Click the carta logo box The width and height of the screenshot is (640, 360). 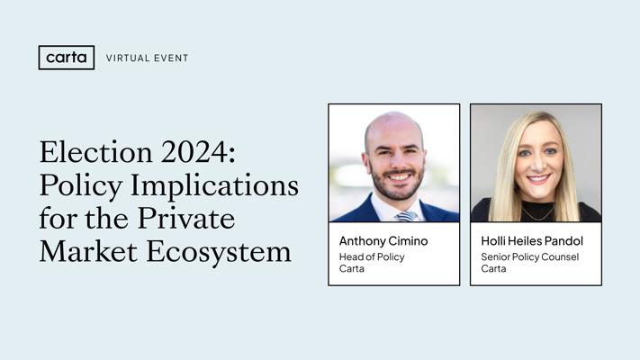pos(67,58)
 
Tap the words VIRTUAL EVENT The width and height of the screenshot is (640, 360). pos(148,58)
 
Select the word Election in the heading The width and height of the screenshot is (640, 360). pos(96,152)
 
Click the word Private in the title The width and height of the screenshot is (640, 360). pos(186,219)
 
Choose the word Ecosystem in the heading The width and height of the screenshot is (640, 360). pos(219,253)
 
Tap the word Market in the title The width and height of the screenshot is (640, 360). pos(88,251)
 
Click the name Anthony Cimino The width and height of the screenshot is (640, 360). pos(383,241)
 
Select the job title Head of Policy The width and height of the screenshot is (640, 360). pos(372,257)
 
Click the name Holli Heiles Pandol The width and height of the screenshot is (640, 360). pos(532,241)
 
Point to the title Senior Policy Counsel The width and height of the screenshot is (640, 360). pos(530,257)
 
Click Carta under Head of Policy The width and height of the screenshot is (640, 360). pos(351,269)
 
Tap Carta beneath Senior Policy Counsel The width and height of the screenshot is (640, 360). pos(493,269)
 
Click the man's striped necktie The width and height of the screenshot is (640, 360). pos(406,216)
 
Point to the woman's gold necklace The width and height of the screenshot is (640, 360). pos(538,214)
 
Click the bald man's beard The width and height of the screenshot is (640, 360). pos(397,185)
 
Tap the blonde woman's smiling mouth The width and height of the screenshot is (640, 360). pos(538,179)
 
